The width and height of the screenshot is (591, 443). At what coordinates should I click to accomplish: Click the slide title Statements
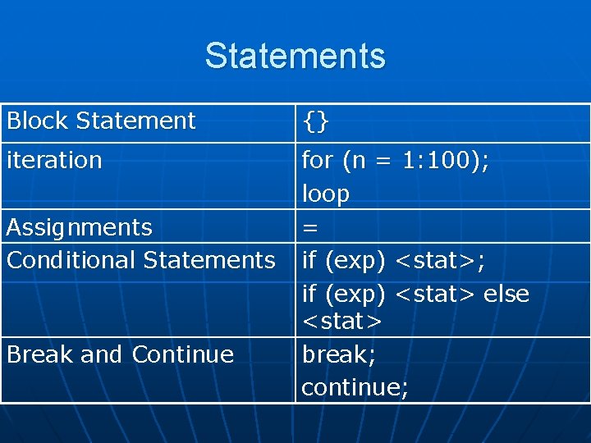(295, 56)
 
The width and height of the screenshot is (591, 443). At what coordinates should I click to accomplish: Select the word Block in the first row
(38, 121)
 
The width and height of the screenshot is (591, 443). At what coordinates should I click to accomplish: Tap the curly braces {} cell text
(316, 121)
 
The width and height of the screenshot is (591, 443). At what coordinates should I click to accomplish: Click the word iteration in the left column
(54, 160)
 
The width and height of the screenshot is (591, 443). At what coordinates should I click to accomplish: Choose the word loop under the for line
(326, 194)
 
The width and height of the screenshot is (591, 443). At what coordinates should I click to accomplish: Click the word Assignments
(79, 227)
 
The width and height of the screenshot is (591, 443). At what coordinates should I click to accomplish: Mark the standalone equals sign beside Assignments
(310, 228)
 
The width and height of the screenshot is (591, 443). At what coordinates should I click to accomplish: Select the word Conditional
(72, 260)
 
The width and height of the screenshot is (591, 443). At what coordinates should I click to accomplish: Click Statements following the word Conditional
(209, 260)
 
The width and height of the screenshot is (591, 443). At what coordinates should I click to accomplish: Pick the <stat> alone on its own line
(341, 322)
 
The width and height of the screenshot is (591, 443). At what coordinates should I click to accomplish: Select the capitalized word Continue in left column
(182, 354)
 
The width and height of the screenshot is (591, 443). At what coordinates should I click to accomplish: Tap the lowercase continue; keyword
(355, 386)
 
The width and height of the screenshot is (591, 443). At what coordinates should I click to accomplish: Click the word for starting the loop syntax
(317, 161)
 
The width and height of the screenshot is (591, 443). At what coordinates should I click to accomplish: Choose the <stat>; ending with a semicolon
(440, 261)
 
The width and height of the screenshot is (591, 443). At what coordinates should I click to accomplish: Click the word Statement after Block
(135, 121)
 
